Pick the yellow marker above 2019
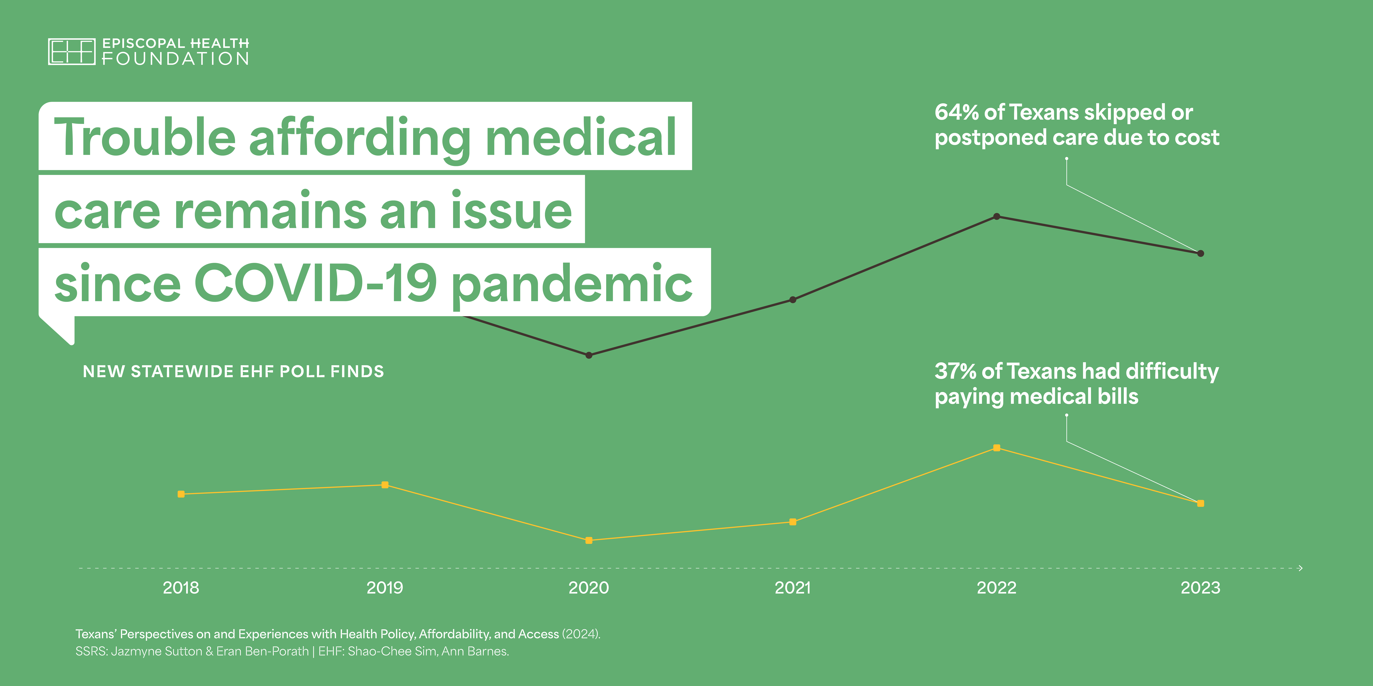[385, 485]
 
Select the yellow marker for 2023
[1200, 503]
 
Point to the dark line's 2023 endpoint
[1200, 254]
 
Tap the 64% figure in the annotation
[957, 112]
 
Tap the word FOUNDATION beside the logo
[175, 59]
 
